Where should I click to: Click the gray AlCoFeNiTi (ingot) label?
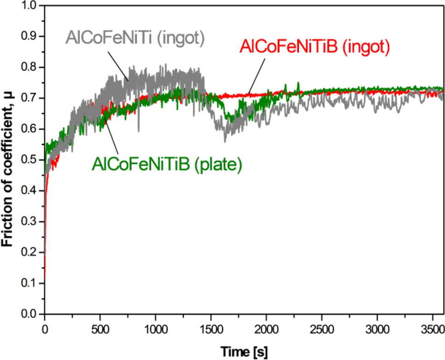(x=135, y=38)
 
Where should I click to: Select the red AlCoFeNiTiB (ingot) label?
(x=315, y=46)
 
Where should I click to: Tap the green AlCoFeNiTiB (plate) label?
(x=167, y=164)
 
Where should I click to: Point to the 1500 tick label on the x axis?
(x=211, y=330)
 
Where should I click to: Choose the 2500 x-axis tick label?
(x=322, y=330)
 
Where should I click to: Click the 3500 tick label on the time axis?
(x=432, y=330)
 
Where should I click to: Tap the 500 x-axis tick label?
(x=100, y=330)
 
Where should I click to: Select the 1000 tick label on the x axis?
(x=156, y=330)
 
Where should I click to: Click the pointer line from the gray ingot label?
(x=118, y=66)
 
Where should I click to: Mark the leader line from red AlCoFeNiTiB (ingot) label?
(x=256, y=76)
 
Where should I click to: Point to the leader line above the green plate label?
(x=111, y=137)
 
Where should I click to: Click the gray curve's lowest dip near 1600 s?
(x=225, y=142)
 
